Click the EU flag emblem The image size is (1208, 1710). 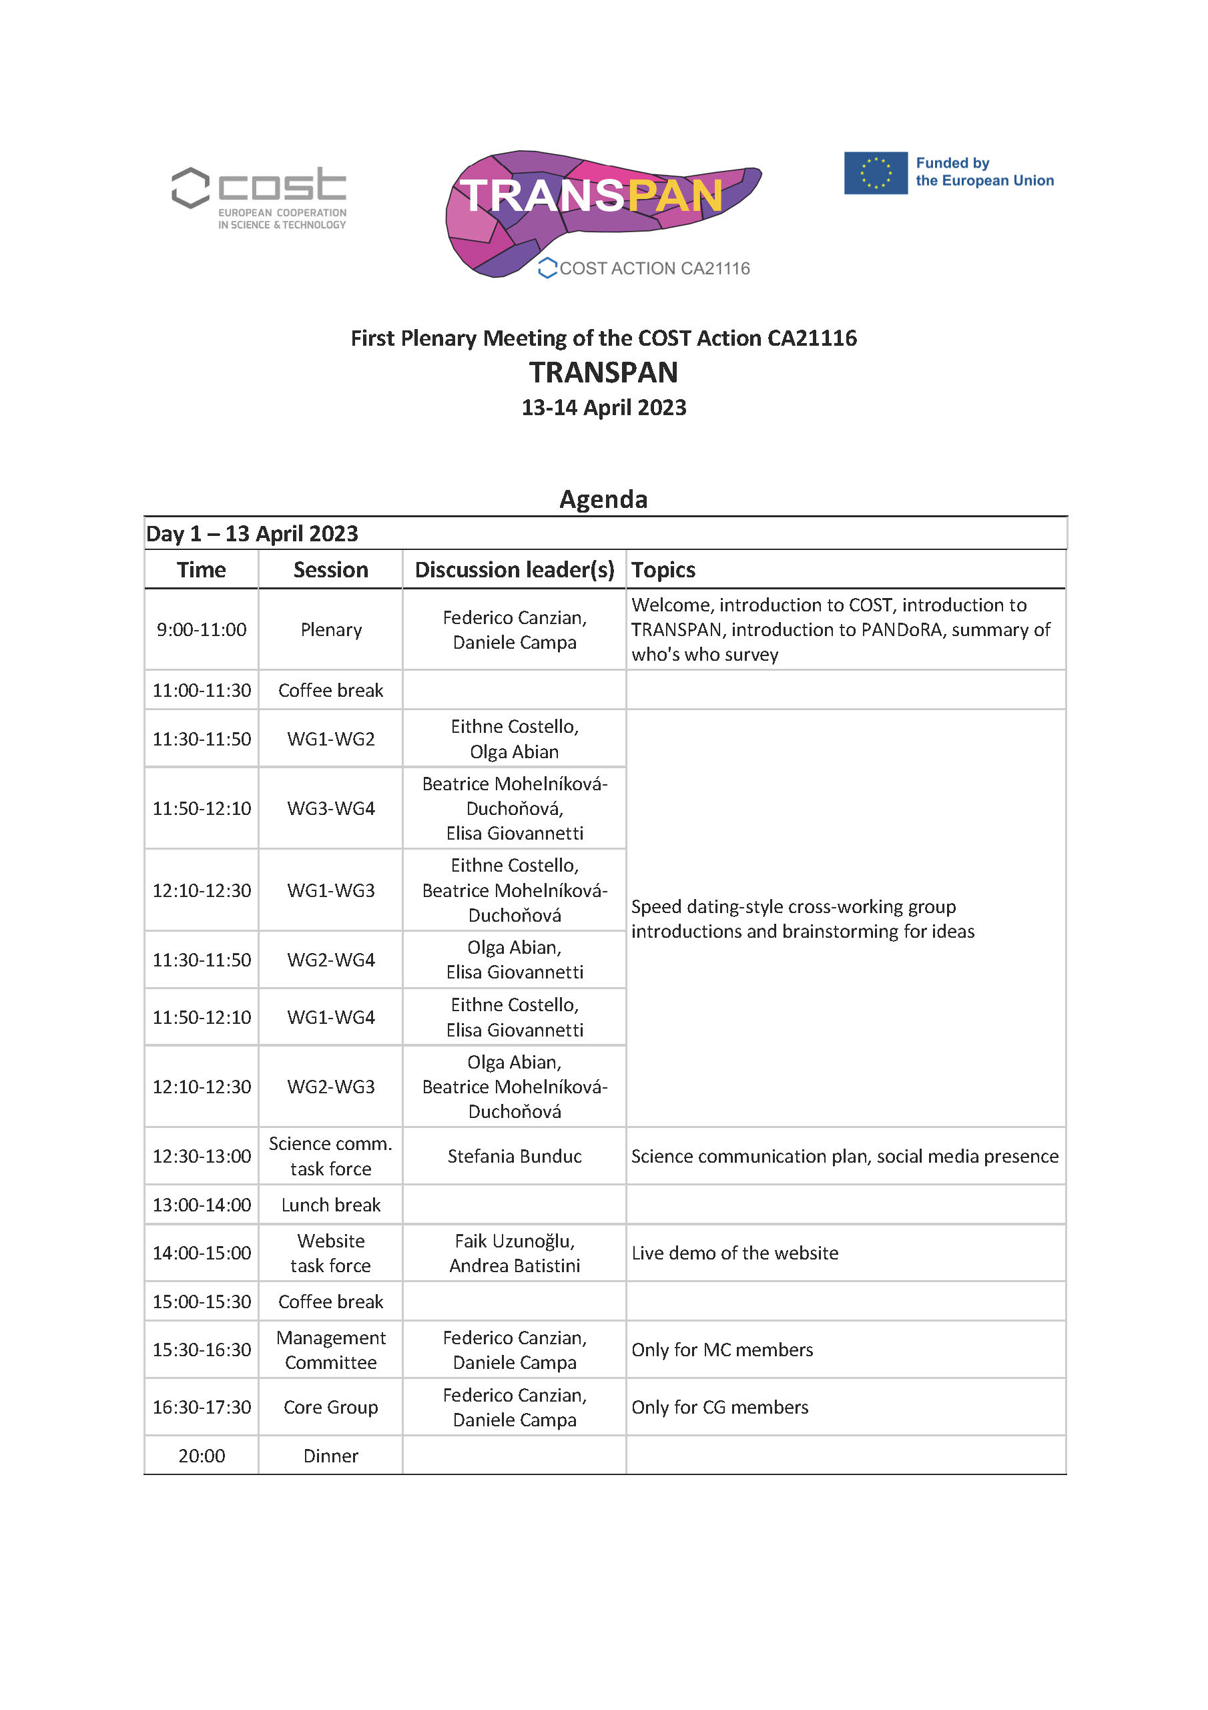coord(875,173)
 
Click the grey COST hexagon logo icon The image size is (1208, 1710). coord(191,187)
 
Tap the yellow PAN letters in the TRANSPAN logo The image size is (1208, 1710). coord(674,196)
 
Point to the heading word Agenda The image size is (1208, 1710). coord(603,499)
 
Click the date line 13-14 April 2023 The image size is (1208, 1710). coord(603,407)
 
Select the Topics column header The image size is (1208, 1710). coord(663,570)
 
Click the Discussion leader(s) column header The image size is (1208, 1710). coord(514,570)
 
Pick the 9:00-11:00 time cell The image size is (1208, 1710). coord(201,629)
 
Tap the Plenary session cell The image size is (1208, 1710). coord(330,629)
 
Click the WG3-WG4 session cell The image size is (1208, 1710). coord(330,808)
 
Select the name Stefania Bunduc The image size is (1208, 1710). coord(514,1156)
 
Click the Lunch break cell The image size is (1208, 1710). coord(330,1204)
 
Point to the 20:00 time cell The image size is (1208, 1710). coord(201,1455)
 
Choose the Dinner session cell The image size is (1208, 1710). coord(330,1455)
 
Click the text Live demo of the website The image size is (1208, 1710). coord(734,1253)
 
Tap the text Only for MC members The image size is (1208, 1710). coord(721,1350)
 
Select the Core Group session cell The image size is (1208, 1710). coord(330,1407)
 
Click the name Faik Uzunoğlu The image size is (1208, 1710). coord(514,1241)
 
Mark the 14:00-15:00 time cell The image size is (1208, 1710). coord(201,1253)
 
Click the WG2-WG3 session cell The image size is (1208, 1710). coord(330,1087)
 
